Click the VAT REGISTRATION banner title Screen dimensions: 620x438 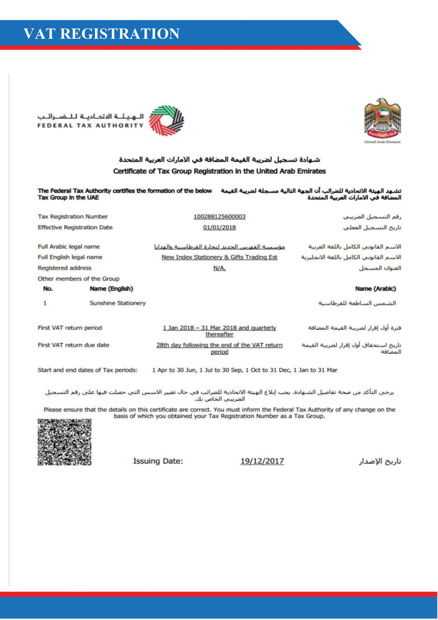[101, 34]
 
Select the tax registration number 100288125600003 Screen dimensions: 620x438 [219, 217]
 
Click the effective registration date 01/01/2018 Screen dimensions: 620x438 [219, 227]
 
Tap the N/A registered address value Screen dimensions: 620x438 [219, 268]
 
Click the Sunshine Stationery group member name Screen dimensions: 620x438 [118, 303]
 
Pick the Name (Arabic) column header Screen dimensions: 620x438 [375, 289]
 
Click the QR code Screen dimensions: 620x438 [65, 442]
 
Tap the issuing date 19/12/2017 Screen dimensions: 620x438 [262, 461]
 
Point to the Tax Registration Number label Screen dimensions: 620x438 [73, 217]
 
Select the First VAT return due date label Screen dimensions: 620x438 [73, 345]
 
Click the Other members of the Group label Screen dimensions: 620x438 [79, 279]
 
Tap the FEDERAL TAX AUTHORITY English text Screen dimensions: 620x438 [91, 125]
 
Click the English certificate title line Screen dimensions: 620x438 [219, 171]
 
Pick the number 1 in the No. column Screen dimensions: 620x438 [45, 303]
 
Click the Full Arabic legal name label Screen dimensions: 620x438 [69, 247]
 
